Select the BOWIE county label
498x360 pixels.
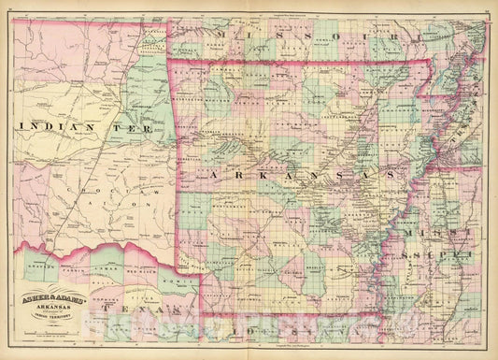(167, 279)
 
